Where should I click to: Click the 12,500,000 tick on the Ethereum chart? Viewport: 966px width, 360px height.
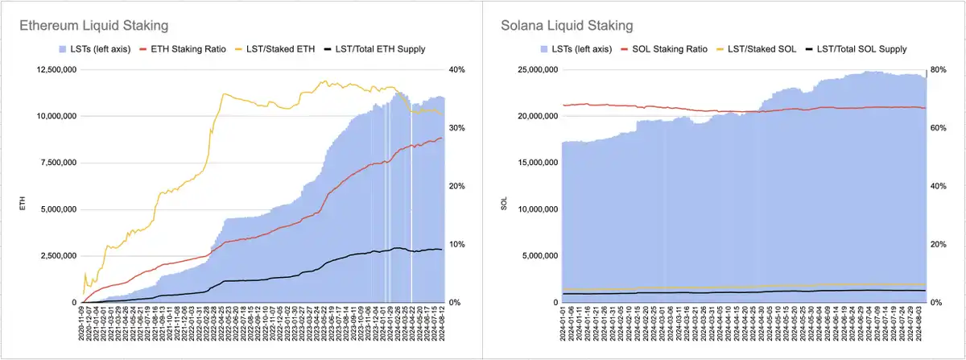(x=53, y=70)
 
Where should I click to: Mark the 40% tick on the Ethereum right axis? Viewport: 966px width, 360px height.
(x=456, y=70)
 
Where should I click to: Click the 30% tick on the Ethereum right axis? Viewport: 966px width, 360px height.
(x=456, y=128)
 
